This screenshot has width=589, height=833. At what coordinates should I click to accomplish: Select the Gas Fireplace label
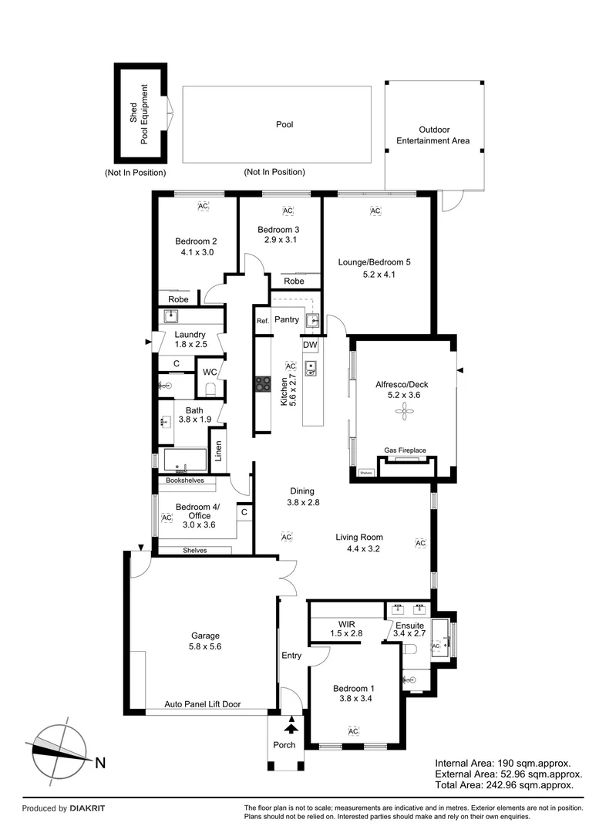(405, 450)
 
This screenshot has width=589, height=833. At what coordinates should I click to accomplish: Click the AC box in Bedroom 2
(204, 207)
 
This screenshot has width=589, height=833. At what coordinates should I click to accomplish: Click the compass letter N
(100, 763)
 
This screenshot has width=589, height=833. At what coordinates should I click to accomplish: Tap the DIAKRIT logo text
(87, 808)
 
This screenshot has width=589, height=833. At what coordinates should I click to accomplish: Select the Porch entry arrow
(291, 725)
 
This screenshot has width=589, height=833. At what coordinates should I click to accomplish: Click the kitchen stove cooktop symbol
(263, 385)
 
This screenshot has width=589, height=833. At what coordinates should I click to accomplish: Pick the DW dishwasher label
(310, 345)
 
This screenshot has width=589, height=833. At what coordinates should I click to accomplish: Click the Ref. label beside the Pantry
(262, 320)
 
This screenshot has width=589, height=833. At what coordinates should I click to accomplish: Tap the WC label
(210, 372)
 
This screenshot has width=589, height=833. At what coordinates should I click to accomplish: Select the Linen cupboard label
(218, 451)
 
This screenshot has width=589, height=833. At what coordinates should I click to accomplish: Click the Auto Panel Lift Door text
(202, 705)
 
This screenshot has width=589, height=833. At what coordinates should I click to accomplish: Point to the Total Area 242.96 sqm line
(504, 784)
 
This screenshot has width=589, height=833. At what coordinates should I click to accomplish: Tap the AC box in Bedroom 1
(353, 730)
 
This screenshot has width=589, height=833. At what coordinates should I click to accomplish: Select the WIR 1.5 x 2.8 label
(345, 629)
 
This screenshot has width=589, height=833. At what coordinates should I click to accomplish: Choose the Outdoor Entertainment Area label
(432, 136)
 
